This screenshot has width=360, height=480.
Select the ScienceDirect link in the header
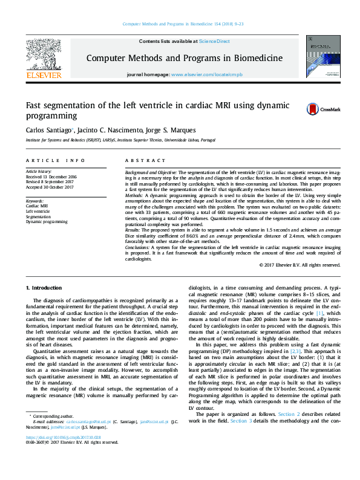click(215, 41)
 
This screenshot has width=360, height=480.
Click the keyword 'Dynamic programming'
click(47, 222)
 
